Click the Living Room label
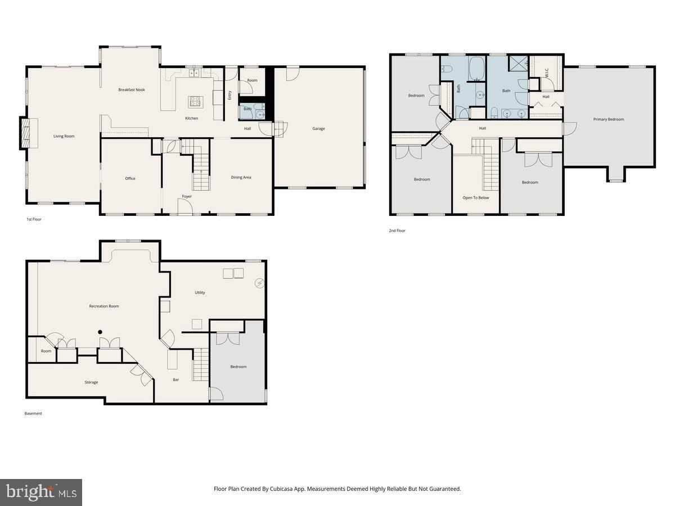64,136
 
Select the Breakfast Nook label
132,90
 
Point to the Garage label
319,129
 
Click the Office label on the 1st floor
130,179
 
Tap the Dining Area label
241,178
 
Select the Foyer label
187,197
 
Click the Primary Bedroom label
609,119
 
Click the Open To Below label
476,198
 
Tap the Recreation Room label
104,306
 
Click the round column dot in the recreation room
100,332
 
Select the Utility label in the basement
200,292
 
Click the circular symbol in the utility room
259,283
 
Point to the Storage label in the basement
91,382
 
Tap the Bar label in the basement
176,380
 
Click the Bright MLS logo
41,493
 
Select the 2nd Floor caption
397,231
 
